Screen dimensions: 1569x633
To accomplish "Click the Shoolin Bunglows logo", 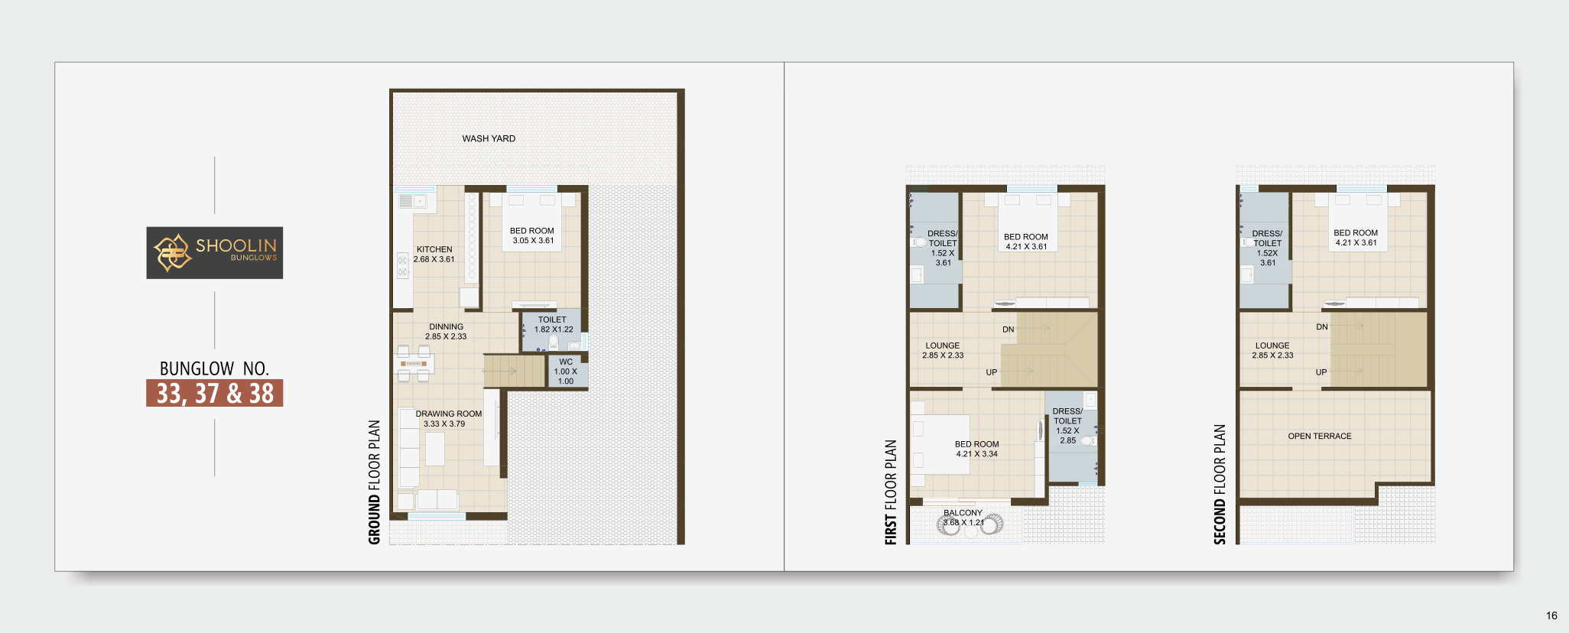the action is point(215,252).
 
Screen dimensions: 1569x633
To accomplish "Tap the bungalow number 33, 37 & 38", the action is point(215,393).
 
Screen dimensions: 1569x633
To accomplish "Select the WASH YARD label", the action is point(489,138).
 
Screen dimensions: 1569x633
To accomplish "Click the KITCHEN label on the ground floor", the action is point(434,249).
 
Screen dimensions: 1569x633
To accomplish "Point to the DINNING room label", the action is point(446,326).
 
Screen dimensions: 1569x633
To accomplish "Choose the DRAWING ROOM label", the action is point(449,414).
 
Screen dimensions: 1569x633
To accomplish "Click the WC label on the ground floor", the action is point(566,362).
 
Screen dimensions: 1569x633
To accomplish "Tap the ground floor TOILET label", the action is point(552,320).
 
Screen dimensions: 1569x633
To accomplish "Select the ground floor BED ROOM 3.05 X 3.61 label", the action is point(532,235).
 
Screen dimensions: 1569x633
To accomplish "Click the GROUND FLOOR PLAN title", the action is point(374,482).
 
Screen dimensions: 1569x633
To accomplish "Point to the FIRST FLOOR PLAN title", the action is point(891,492).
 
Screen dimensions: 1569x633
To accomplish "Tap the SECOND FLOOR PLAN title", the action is point(1220,485).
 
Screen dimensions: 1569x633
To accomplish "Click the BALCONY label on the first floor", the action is point(963,513).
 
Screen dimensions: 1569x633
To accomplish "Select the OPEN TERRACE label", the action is point(1320,436).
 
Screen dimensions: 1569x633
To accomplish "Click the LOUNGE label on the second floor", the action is point(1272,346).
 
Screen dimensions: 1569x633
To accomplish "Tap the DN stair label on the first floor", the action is point(1009,329).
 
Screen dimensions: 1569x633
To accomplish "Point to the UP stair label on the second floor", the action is point(1321,372).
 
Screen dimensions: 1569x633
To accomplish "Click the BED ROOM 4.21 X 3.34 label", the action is point(976,449).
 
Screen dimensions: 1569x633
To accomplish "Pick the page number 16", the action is point(1551,615).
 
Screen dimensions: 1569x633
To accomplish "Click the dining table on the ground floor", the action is point(414,363).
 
